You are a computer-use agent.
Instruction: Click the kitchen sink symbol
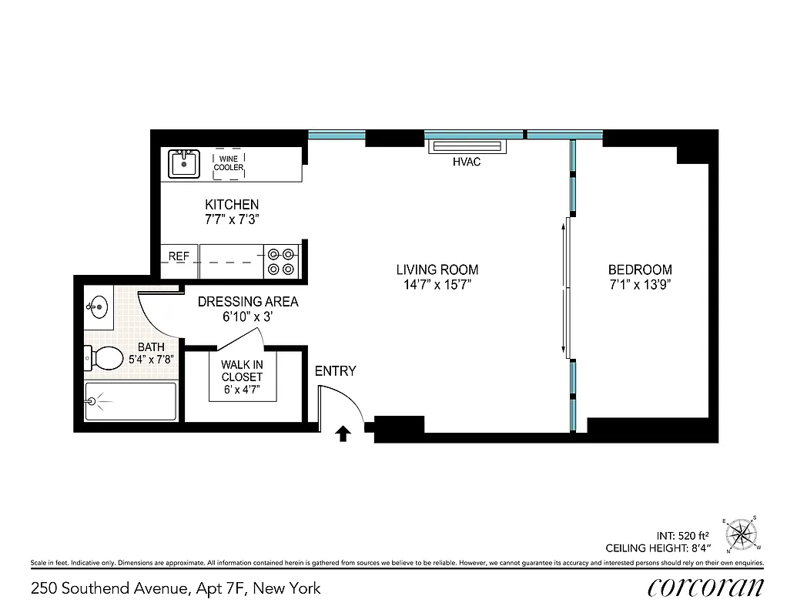(x=184, y=163)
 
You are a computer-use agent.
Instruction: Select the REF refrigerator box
(x=179, y=256)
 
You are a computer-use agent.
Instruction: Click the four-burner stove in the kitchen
(x=282, y=260)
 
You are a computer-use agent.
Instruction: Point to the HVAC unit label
(x=467, y=162)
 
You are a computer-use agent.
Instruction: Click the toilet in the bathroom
(x=104, y=357)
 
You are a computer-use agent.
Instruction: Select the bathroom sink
(x=97, y=307)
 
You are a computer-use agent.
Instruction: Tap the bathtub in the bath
(x=129, y=401)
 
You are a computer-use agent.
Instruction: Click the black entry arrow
(x=343, y=434)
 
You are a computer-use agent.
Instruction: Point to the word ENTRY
(x=335, y=371)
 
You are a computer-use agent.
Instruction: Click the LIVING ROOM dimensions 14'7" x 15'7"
(x=437, y=285)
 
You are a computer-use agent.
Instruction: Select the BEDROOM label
(x=639, y=270)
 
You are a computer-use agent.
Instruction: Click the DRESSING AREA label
(x=247, y=302)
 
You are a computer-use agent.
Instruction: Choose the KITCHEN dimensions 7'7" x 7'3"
(x=231, y=219)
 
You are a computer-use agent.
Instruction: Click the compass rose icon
(x=741, y=532)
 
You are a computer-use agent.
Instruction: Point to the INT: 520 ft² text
(x=684, y=535)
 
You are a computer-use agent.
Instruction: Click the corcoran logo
(x=705, y=588)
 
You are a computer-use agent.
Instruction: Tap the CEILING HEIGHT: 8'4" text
(x=658, y=548)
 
